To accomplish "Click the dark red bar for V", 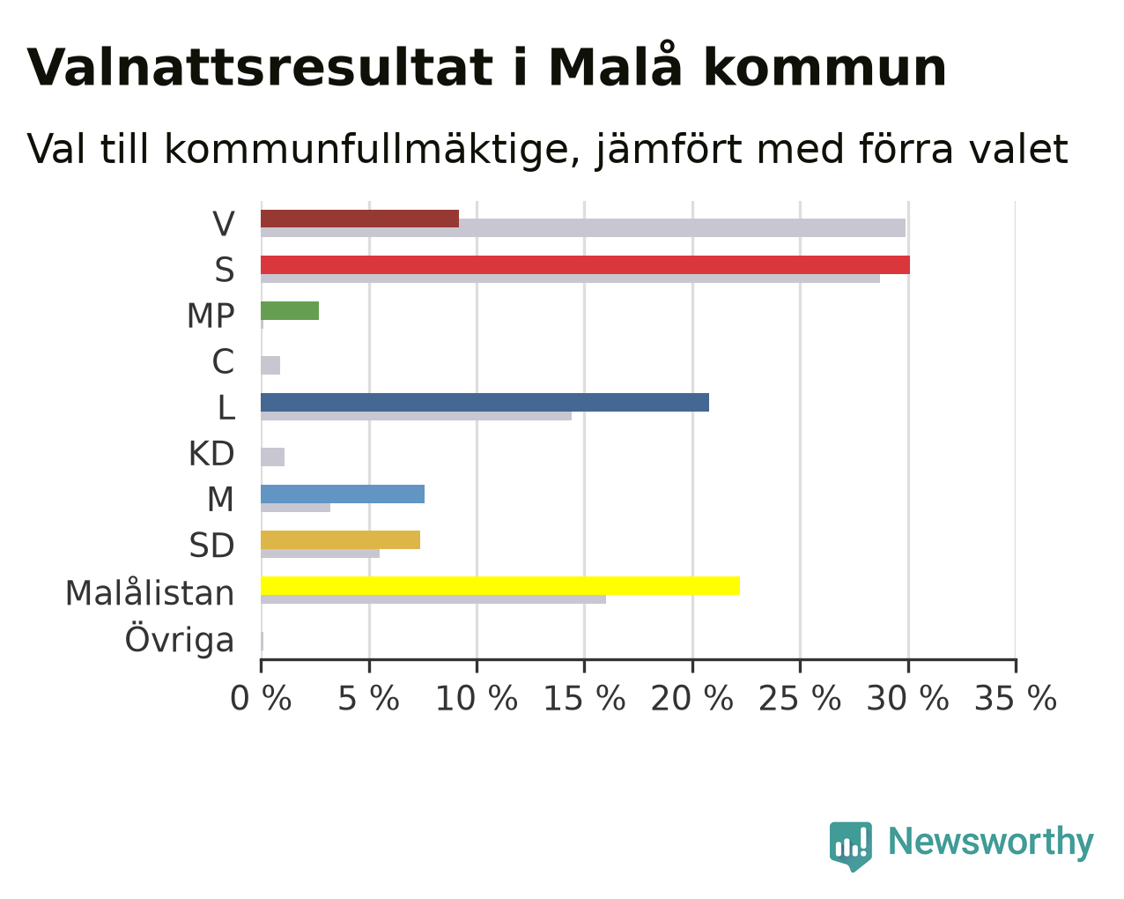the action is coord(360,219).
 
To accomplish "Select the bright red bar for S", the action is coord(585,264).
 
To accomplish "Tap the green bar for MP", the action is coord(290,310).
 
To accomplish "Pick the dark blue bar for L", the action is coord(484,402).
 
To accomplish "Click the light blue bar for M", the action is coord(343,494).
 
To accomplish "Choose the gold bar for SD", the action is coord(341,539).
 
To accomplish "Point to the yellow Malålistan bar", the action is coord(500,585).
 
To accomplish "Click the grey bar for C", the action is coord(270,366).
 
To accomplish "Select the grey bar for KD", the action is coord(273,457).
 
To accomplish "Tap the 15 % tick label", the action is coord(584,698).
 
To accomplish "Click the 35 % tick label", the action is coord(1016,698).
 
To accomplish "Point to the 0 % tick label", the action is coord(261,698).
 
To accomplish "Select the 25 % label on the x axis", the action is coord(800,698).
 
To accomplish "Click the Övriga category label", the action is coord(180,637).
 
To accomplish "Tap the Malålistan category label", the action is coord(150,592).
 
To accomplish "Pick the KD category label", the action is coord(211,454).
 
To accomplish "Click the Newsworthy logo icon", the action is coord(851,846).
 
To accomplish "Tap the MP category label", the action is coord(211,316).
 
